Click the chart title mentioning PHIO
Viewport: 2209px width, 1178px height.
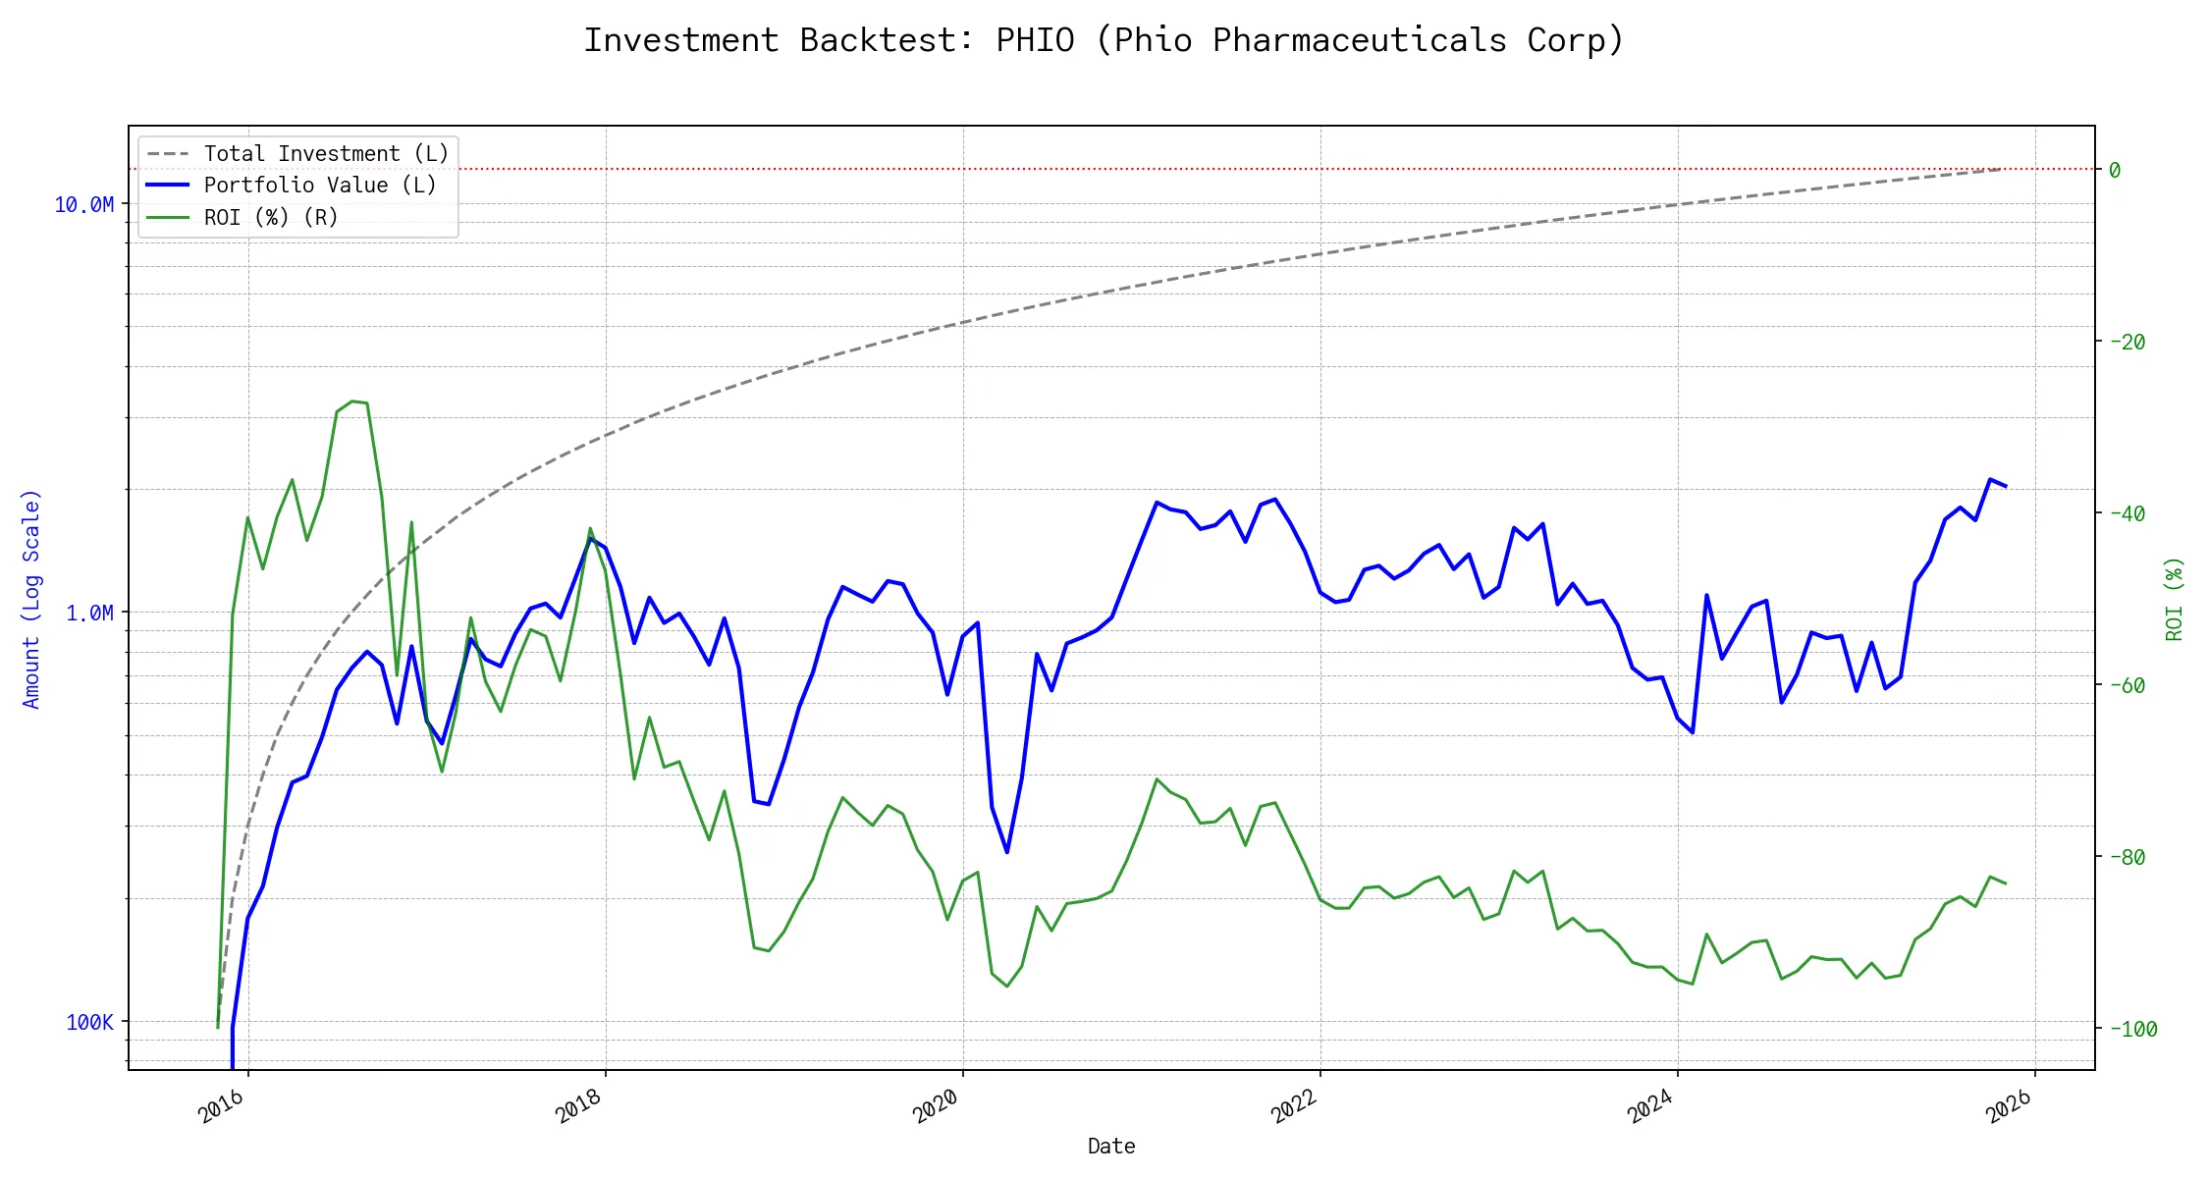pos(1104,40)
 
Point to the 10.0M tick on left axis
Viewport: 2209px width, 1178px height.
pos(84,204)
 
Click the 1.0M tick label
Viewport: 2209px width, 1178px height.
pos(89,613)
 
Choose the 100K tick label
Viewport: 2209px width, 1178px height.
pos(89,1022)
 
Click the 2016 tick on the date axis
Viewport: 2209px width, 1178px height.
pos(222,1106)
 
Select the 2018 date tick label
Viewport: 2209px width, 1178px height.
pos(579,1106)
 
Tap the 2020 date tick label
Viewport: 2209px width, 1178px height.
pos(937,1106)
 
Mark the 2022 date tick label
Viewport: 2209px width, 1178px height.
pos(1294,1106)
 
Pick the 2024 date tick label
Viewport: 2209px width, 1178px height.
pos(1651,1106)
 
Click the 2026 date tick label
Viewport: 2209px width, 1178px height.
pos(2009,1106)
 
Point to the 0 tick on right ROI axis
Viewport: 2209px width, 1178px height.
pos(2115,170)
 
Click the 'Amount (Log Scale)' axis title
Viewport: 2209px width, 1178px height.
pos(31,599)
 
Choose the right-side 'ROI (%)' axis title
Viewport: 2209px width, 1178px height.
pos(2175,599)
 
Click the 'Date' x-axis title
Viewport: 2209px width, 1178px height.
pos(1111,1146)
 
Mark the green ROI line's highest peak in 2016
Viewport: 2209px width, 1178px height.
pos(352,402)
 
